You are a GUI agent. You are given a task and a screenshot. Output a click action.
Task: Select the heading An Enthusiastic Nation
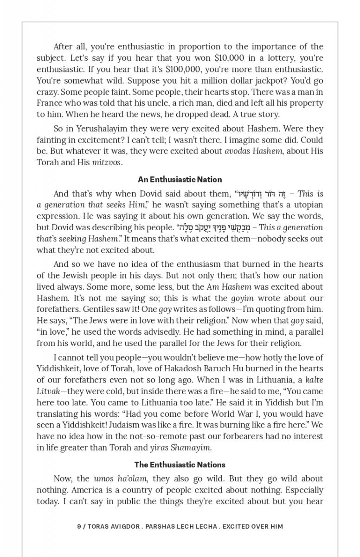(x=180, y=179)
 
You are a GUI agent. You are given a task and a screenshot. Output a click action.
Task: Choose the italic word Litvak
(x=48, y=391)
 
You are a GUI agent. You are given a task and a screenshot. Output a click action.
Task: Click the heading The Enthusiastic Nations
(x=180, y=465)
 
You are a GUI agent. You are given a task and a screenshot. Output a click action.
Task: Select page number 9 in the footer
(x=79, y=526)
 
